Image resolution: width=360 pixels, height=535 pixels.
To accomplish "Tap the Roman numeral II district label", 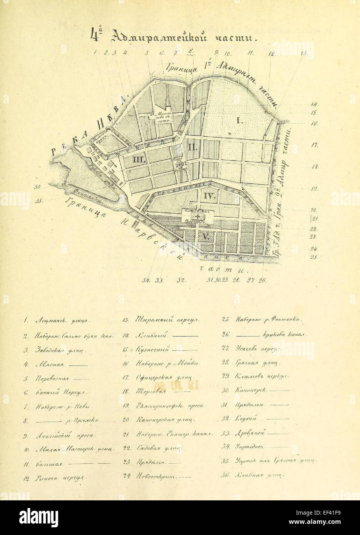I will [192, 146].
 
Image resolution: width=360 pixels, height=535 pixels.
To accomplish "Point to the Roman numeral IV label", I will [209, 196].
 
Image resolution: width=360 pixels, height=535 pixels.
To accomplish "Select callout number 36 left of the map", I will [37, 187].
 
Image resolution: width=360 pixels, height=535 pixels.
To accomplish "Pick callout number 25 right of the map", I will [313, 257].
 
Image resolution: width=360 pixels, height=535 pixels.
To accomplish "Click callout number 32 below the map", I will [181, 280].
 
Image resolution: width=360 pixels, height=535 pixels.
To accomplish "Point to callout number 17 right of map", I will [314, 145].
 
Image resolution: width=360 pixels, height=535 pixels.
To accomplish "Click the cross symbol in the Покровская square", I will [198, 217].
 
